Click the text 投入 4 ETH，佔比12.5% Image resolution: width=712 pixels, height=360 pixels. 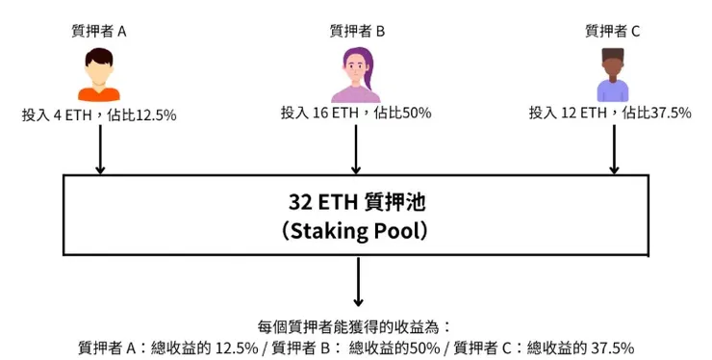[99, 114]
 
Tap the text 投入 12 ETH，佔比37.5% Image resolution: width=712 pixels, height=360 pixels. [611, 114]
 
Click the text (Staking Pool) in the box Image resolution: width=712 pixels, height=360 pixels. [356, 232]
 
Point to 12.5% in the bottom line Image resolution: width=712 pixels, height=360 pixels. [238, 347]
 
